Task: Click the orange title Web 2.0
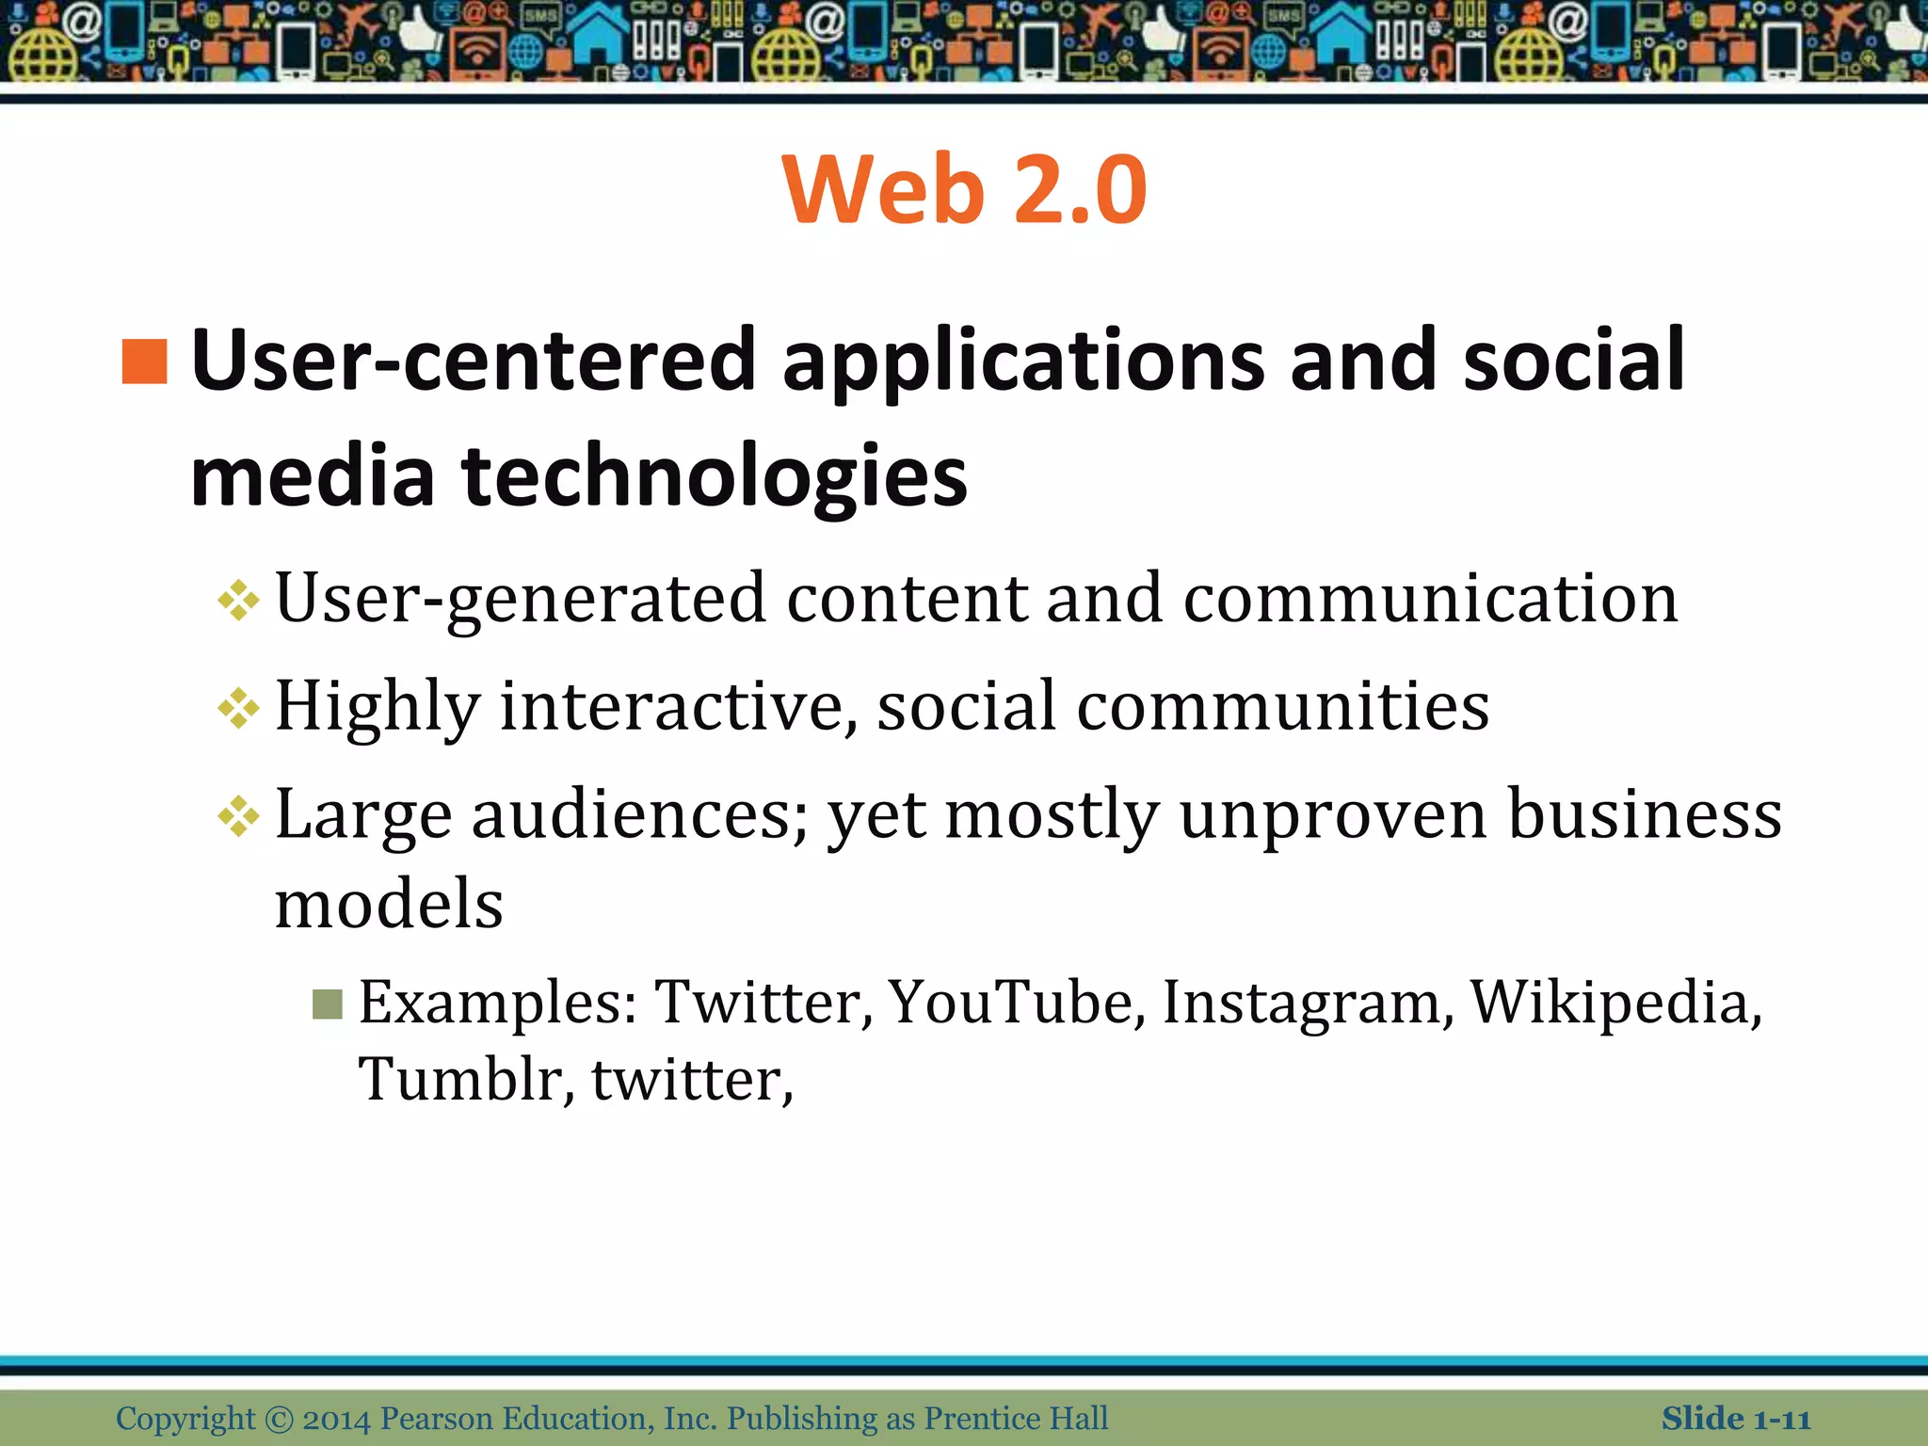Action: point(964,190)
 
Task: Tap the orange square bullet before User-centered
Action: point(145,362)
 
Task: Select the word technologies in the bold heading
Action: point(715,476)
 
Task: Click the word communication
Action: point(1430,600)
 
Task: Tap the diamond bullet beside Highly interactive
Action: point(238,708)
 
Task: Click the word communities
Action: point(1282,708)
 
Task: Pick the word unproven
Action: point(1333,815)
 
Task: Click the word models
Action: point(389,905)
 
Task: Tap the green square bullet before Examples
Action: point(328,1004)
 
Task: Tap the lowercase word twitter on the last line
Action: point(692,1080)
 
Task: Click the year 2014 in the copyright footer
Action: point(337,1419)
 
